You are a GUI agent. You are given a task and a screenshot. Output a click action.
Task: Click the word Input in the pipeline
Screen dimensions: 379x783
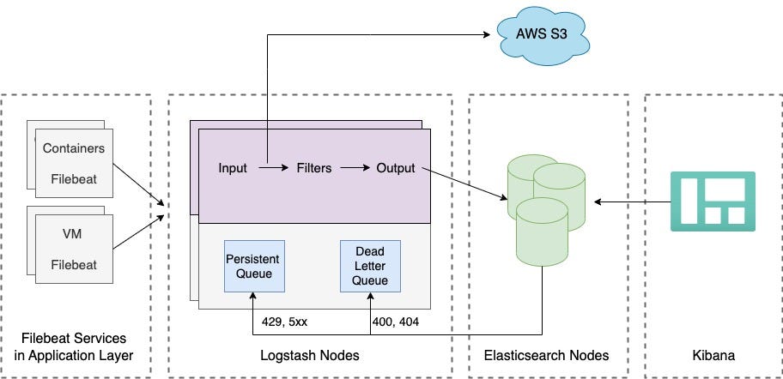coord(233,168)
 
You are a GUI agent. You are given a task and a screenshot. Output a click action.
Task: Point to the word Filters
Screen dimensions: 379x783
coord(313,168)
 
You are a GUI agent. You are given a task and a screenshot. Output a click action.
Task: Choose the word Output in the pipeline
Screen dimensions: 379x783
coord(395,168)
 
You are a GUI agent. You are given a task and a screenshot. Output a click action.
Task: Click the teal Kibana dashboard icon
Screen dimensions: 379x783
coord(712,202)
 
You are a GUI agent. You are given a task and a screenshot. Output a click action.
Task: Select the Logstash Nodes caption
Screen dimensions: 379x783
coord(309,355)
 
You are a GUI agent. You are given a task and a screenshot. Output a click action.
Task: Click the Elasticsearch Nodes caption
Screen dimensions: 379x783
coord(546,355)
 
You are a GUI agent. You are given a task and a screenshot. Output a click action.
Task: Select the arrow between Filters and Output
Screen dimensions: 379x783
coord(354,169)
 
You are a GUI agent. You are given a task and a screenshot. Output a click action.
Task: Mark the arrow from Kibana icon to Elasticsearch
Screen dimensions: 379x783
coord(632,202)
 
